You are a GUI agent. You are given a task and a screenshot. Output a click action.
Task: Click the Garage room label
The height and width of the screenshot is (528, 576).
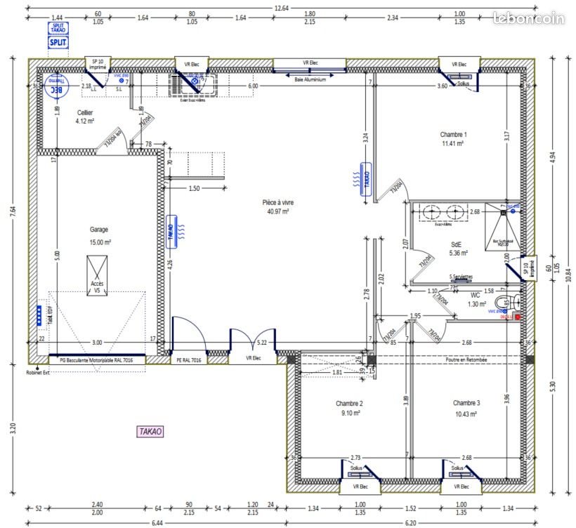click(100, 230)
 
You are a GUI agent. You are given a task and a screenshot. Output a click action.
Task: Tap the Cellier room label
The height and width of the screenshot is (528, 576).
click(84, 113)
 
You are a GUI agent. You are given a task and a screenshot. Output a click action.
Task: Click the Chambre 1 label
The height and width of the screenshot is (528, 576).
click(453, 135)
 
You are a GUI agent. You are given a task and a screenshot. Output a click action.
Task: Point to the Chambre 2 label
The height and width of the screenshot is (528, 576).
click(348, 404)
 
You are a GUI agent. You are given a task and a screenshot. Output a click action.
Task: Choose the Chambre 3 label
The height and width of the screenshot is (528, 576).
click(466, 404)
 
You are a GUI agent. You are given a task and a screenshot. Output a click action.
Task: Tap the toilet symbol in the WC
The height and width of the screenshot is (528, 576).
click(515, 303)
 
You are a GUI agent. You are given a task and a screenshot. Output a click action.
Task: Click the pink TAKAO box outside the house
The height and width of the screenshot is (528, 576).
click(150, 432)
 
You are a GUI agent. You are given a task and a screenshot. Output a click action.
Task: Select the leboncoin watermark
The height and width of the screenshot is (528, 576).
click(528, 18)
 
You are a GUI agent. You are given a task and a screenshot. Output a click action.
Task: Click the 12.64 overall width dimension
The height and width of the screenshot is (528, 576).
click(281, 7)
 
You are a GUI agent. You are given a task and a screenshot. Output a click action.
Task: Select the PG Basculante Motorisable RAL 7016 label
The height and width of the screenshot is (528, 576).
click(96, 359)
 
